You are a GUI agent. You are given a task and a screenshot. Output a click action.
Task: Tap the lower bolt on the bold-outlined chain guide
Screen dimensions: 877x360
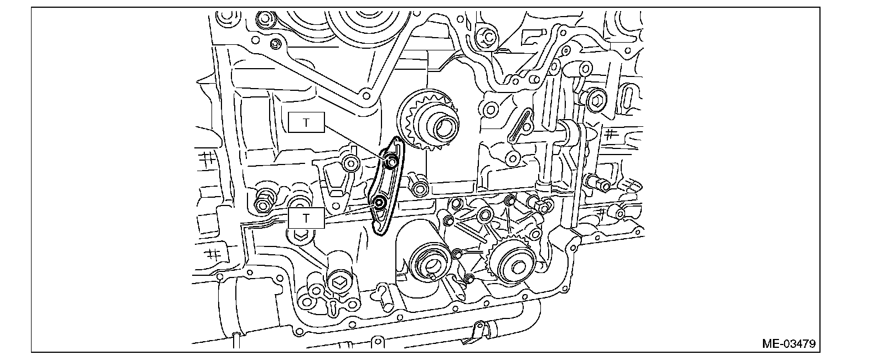[x=379, y=203]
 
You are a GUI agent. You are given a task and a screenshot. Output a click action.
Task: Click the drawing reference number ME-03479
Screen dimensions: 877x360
[x=788, y=343]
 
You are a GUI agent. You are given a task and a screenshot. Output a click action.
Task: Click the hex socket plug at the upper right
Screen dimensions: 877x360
[x=596, y=100]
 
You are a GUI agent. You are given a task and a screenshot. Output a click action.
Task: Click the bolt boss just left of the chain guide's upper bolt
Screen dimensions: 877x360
[x=349, y=164]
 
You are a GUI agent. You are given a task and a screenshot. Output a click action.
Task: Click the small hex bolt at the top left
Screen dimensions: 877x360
[x=275, y=44]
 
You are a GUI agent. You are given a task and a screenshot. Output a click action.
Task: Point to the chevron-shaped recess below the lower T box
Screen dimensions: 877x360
[x=300, y=235]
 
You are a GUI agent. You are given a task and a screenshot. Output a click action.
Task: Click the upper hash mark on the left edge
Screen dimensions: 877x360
[x=208, y=158]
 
